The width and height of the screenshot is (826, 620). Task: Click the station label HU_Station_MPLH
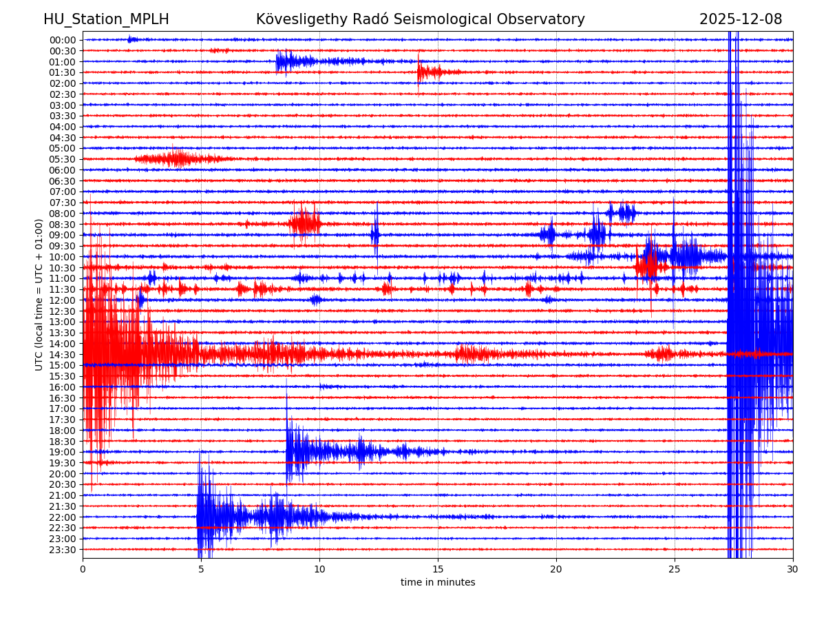[106, 19]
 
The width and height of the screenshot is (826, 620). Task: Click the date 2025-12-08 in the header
[741, 19]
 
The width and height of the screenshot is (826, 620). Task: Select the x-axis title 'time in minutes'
[438, 582]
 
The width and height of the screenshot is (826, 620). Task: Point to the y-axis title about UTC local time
[39, 294]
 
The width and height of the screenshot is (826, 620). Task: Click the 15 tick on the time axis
[438, 569]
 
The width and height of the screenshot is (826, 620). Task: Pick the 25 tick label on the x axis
[675, 569]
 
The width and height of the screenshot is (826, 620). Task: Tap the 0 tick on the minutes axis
[83, 569]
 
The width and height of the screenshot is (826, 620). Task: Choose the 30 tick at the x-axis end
[793, 569]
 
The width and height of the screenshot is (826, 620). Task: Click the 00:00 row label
[63, 40]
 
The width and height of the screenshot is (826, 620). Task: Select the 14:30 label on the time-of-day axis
[63, 354]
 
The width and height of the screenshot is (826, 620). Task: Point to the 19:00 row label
[63, 452]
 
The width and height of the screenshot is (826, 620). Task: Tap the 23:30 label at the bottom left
[63, 550]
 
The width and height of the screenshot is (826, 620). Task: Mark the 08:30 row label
[63, 224]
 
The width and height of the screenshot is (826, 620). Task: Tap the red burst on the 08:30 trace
[305, 223]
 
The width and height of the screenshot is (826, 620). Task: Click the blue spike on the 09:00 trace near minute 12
[375, 235]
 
